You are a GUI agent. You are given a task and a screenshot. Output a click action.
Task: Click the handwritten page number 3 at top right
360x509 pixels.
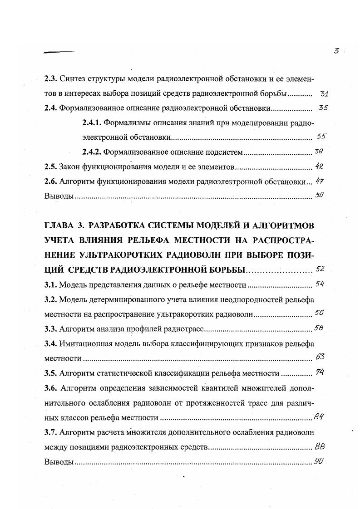(x=336, y=51)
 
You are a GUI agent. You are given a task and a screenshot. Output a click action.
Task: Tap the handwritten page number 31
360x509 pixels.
(x=324, y=94)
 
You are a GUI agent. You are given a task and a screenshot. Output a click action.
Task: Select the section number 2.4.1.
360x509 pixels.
(x=93, y=122)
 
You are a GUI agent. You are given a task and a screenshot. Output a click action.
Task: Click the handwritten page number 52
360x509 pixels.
(x=320, y=269)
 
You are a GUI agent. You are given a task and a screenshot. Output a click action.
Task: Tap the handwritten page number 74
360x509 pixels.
(x=320, y=372)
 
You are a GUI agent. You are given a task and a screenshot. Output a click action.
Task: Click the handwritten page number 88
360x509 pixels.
(x=319, y=446)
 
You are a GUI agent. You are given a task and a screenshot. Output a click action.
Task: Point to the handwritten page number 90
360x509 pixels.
(x=318, y=461)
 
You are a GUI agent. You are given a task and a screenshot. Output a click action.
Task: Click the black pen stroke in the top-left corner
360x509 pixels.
(x=59, y=52)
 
